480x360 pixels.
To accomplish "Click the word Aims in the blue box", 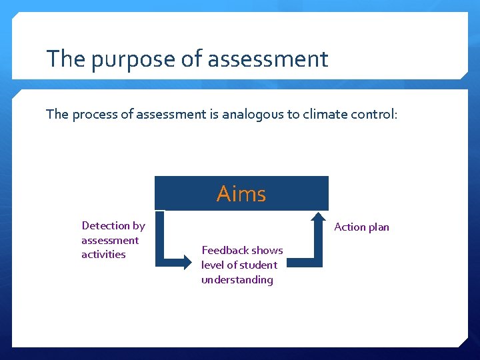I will [241, 194].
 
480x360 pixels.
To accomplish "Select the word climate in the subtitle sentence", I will [325, 114].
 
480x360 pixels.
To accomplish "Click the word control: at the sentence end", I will [374, 114].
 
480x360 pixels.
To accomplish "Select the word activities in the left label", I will [103, 255].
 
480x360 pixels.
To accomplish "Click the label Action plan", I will [361, 227].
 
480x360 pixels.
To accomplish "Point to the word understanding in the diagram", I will [237, 280].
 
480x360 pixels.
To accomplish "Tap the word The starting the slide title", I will [65, 59].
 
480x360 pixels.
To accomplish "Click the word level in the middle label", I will [213, 265].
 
